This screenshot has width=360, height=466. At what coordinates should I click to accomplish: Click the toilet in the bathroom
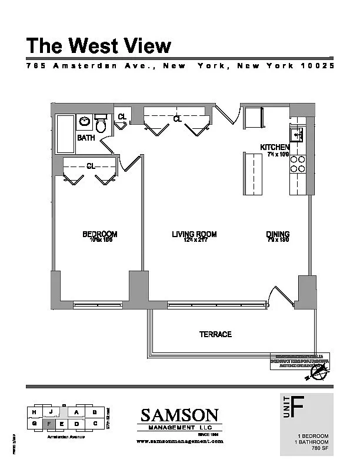click(101, 124)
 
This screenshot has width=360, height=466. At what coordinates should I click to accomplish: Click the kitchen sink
click(296, 135)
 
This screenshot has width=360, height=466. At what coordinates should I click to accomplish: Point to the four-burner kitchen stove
click(298, 164)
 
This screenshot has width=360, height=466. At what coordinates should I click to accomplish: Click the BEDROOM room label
click(100, 234)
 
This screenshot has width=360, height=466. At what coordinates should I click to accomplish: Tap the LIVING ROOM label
click(194, 234)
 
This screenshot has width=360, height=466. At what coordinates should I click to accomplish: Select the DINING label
click(278, 234)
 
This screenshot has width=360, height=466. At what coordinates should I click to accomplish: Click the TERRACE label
click(216, 334)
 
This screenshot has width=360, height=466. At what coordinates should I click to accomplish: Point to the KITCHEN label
click(275, 147)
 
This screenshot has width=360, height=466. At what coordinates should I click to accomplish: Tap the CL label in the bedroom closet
click(91, 167)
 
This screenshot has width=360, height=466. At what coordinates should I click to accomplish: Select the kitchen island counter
click(254, 174)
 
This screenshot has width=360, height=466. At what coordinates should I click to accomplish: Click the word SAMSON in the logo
click(179, 415)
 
